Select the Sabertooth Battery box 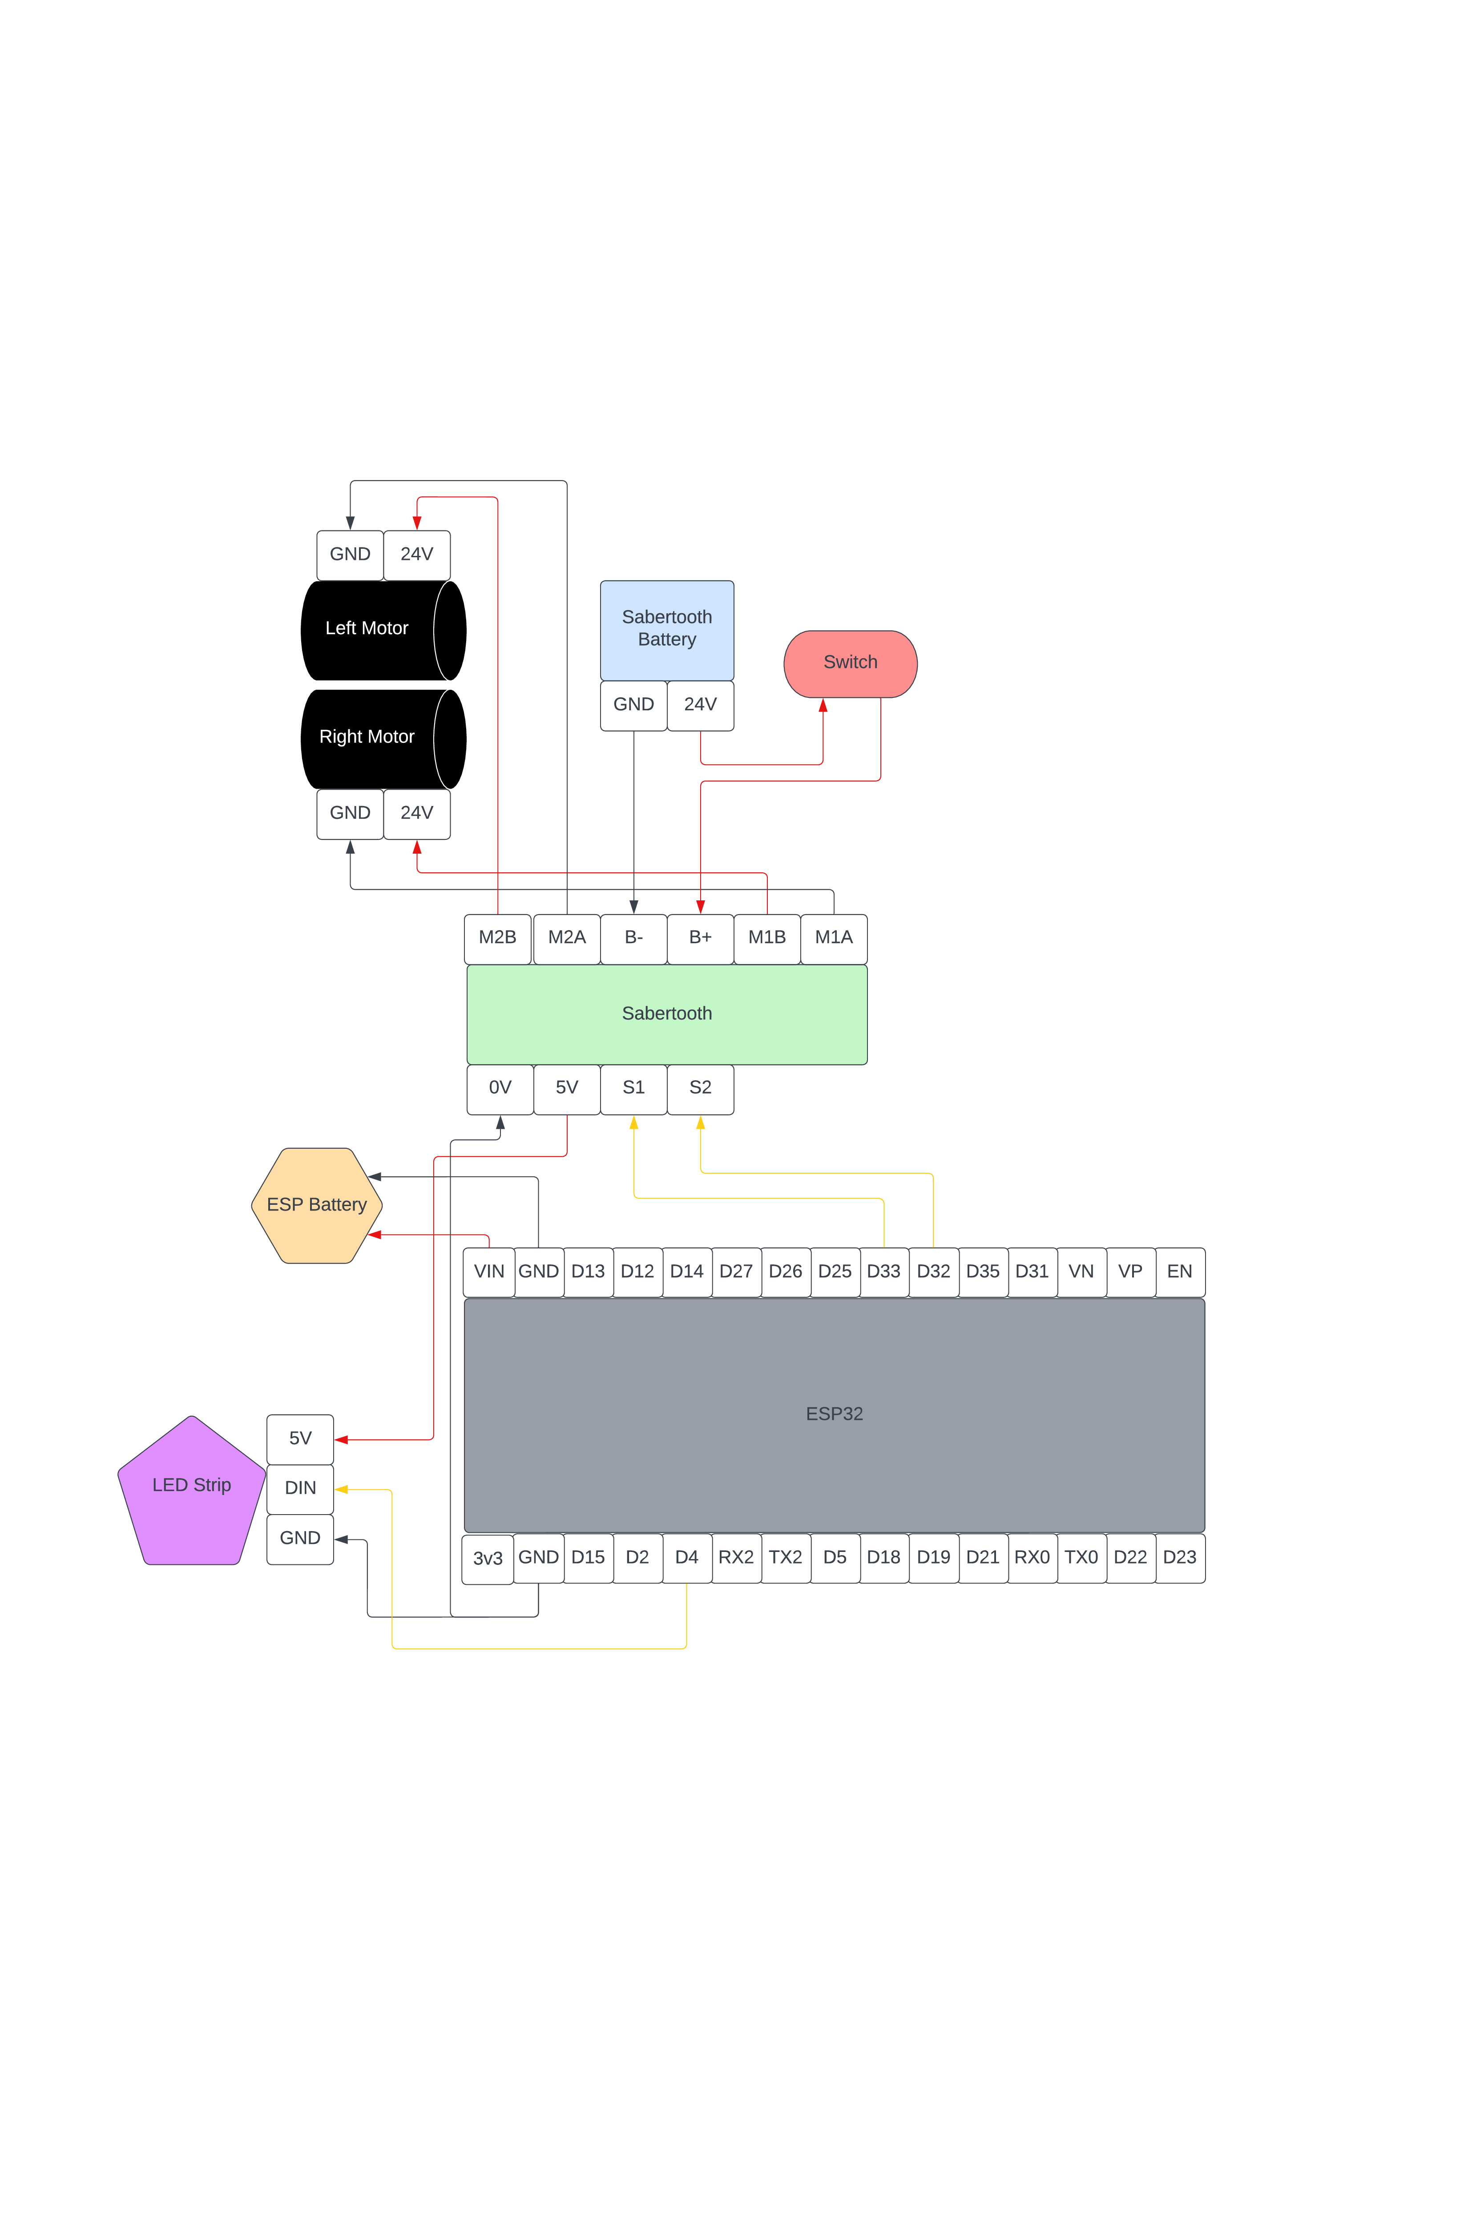tap(666, 629)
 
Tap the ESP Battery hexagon tap(316, 1205)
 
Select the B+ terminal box tap(700, 939)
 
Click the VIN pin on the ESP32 tap(489, 1272)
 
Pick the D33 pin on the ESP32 tap(884, 1272)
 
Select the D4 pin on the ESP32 tap(687, 1558)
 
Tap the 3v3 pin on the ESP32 tap(488, 1559)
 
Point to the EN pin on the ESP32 tap(1180, 1272)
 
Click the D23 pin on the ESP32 tap(1180, 1558)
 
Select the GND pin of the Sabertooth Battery tap(634, 705)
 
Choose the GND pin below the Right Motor tap(350, 814)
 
